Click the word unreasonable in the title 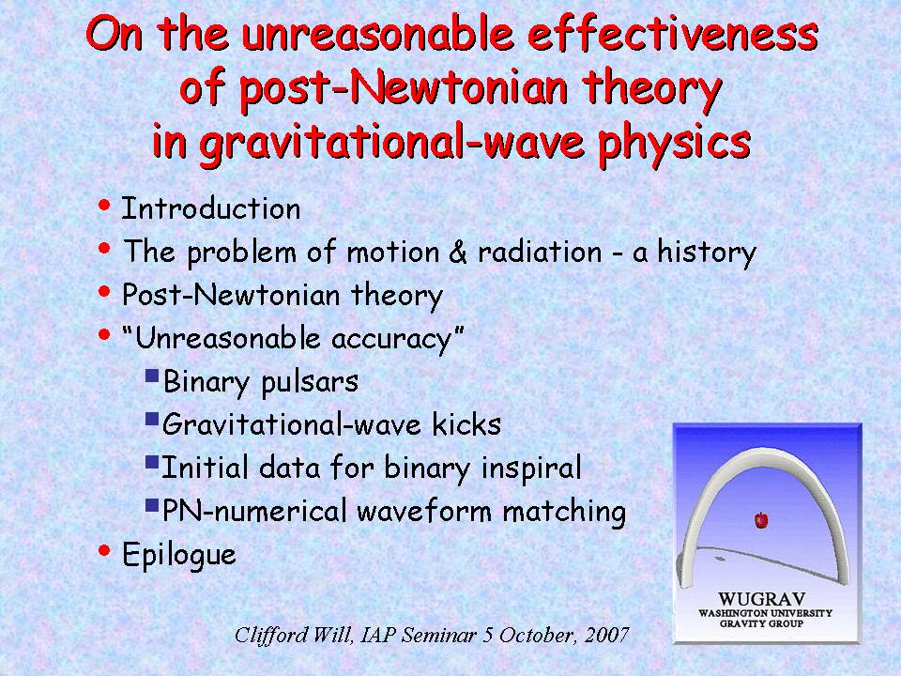point(377,34)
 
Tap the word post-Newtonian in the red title point(404,90)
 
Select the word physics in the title point(675,144)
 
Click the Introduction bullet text point(211,208)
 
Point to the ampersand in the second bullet point(457,252)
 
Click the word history point(707,253)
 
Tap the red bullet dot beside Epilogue point(104,551)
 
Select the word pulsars point(310,382)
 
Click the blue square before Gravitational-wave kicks point(152,419)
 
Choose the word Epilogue point(179,555)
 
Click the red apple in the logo point(761,520)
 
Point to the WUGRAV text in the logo point(761,599)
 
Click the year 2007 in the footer point(607,635)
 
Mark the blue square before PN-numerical point(152,505)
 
